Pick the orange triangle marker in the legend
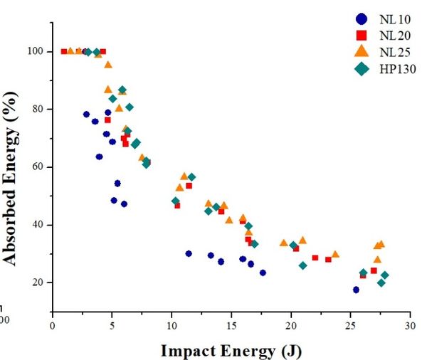click(x=362, y=51)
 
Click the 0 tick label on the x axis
click(x=52, y=325)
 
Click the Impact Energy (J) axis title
click(x=230, y=349)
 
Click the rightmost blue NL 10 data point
click(x=356, y=290)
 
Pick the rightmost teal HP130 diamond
click(x=384, y=275)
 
